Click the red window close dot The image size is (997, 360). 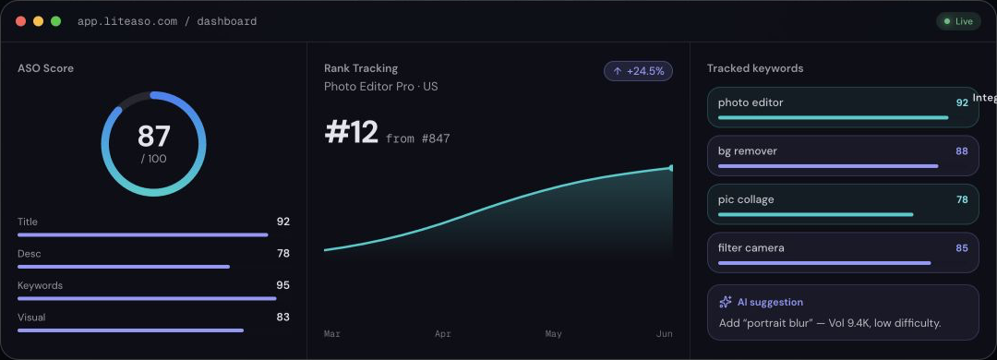point(21,21)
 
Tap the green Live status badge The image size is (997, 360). point(958,21)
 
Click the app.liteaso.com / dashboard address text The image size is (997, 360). point(167,21)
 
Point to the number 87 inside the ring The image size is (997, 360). point(154,136)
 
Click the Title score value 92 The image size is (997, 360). point(283,222)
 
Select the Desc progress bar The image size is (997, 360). point(124,267)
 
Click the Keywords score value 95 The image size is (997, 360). point(283,285)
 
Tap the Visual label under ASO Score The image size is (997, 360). point(31,317)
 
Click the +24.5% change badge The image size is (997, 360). point(638,71)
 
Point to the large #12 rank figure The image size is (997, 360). point(351,132)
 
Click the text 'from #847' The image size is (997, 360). point(418,138)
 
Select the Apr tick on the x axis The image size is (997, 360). point(442,333)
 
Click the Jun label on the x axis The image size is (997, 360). point(664,333)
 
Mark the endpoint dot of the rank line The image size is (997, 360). point(671,168)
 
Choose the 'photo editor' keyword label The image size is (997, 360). point(751,102)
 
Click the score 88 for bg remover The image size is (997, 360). point(961,150)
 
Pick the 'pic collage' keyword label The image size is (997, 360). point(746,199)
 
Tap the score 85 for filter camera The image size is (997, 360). point(961,247)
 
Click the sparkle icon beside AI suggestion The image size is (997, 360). point(725,302)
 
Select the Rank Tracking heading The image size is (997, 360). point(361,68)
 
